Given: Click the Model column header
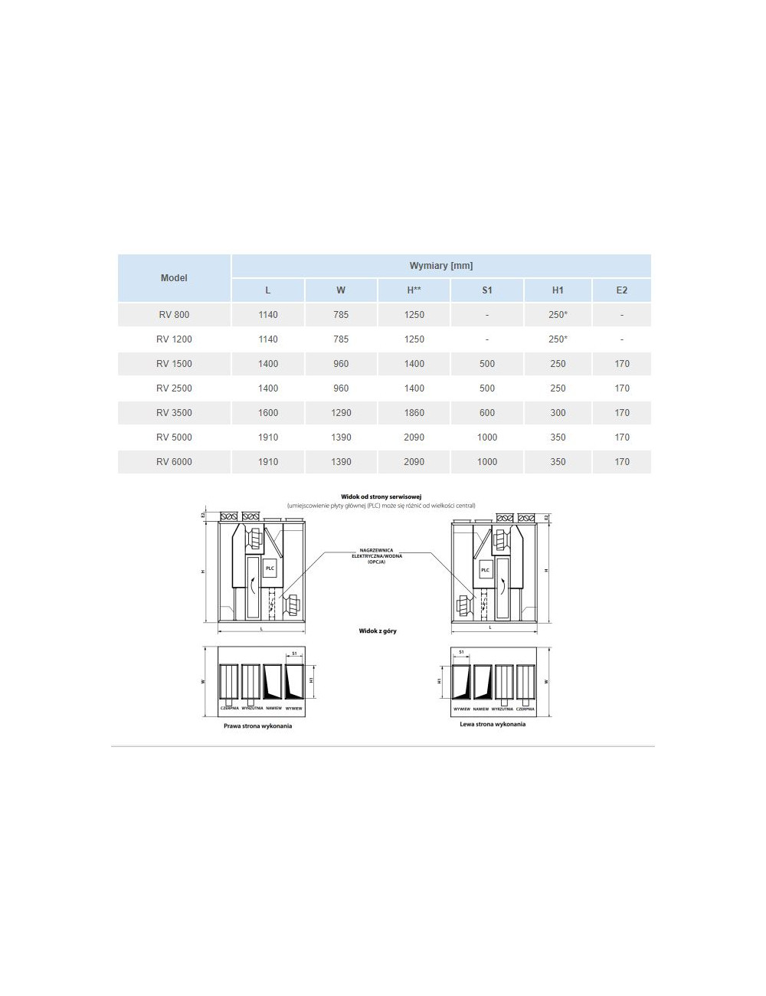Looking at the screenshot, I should (174, 278).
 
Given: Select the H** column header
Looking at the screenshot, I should (414, 290).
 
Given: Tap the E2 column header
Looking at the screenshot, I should (621, 290).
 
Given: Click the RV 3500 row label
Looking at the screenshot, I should (174, 413).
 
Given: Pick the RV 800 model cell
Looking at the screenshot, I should (174, 315).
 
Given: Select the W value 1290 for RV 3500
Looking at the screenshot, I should (341, 413).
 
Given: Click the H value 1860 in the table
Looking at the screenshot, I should (414, 413).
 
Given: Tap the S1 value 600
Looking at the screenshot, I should (487, 413).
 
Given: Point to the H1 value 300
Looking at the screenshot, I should (558, 413).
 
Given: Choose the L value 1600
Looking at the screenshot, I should (268, 413).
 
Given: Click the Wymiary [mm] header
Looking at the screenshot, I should (441, 266).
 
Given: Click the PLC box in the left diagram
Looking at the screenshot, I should (270, 568).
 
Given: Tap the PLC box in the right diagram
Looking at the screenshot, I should (484, 570).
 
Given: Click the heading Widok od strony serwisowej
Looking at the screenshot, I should (381, 496).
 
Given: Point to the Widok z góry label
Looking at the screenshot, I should (378, 631).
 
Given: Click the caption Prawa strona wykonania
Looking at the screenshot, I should (257, 726).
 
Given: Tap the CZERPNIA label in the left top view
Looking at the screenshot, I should (230, 709).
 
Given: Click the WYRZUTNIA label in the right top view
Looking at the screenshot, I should (502, 709).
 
